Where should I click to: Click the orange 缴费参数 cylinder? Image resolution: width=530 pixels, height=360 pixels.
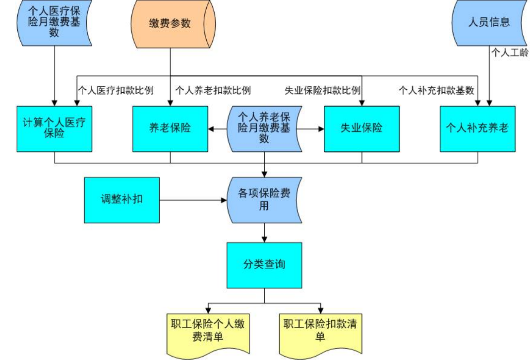click(x=170, y=24)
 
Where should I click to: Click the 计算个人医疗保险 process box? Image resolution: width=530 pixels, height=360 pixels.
click(x=54, y=128)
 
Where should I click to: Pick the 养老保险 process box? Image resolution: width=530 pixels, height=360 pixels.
click(x=170, y=128)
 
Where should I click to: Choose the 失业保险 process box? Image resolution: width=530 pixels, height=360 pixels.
click(x=361, y=128)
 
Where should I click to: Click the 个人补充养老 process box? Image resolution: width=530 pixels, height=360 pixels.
click(x=477, y=128)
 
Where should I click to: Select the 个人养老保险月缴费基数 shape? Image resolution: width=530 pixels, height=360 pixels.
click(x=264, y=128)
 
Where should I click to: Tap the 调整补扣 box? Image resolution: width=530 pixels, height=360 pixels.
click(x=121, y=200)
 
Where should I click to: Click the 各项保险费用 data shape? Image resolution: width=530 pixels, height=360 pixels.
click(x=264, y=200)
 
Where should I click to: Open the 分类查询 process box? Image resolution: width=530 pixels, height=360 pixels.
click(x=264, y=265)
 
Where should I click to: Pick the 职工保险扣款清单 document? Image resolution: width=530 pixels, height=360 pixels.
click(x=320, y=331)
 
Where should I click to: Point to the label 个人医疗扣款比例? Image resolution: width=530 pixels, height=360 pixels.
click(x=116, y=91)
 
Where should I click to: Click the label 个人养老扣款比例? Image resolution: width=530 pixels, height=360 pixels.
click(x=213, y=91)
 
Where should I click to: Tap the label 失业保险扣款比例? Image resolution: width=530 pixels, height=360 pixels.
click(x=322, y=91)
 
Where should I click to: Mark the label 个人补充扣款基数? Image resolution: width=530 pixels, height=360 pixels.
click(x=437, y=91)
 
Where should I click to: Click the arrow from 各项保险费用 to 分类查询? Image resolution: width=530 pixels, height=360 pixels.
click(x=264, y=233)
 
